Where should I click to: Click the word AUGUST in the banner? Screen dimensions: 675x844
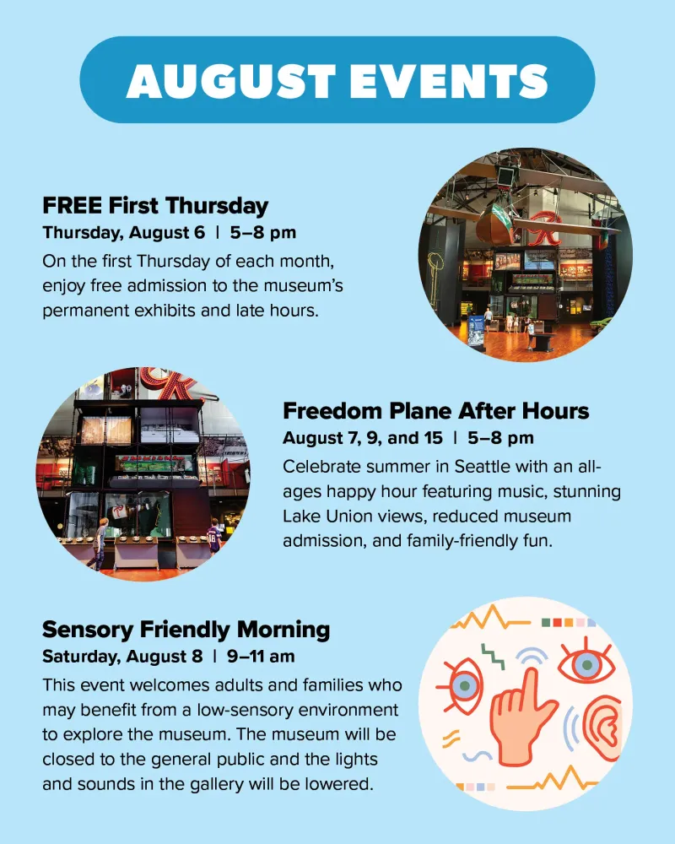[x=231, y=81]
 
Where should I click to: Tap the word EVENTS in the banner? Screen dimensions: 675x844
[x=449, y=81]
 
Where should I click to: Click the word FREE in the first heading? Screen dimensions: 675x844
[x=72, y=206]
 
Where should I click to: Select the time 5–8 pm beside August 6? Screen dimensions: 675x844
[x=263, y=233]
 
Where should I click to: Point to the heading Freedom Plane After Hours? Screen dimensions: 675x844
[x=436, y=411]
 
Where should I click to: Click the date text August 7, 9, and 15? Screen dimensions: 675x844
[x=363, y=438]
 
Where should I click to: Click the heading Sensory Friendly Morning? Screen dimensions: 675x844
[x=186, y=630]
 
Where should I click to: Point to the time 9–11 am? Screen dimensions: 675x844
[x=261, y=657]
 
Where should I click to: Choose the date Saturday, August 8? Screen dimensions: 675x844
[x=122, y=657]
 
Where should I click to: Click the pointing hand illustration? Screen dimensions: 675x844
[x=521, y=717]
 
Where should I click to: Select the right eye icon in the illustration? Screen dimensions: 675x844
[x=586, y=663]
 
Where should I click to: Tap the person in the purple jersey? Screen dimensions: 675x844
[x=214, y=535]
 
